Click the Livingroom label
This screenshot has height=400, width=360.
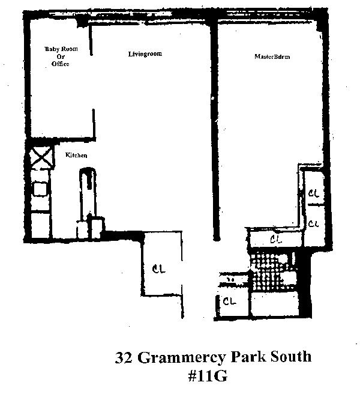145,55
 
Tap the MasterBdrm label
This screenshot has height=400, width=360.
272,58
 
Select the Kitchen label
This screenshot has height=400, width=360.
76,156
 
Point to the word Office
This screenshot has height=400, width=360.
59,64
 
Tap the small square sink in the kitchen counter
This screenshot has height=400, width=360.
40,189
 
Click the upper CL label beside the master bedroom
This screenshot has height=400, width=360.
313,193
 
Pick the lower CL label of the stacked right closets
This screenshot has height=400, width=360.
313,223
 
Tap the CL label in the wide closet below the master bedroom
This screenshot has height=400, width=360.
276,240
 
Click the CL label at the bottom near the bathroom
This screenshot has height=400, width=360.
229,302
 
